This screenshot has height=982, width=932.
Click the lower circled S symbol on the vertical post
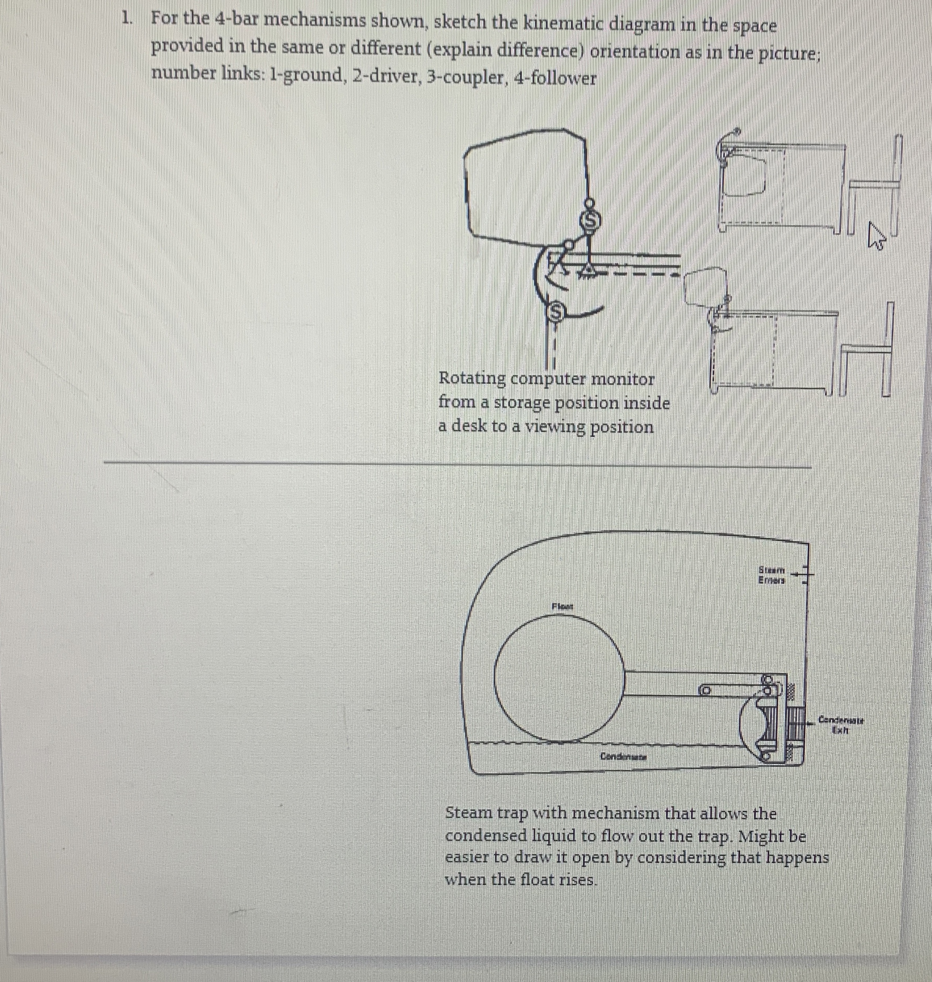click(x=556, y=311)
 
